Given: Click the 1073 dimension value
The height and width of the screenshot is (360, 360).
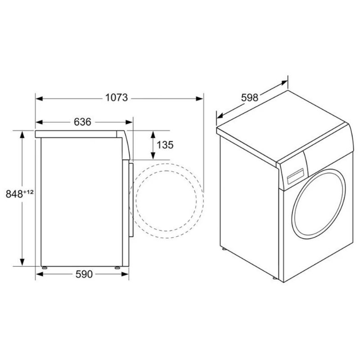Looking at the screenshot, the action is tap(117, 98).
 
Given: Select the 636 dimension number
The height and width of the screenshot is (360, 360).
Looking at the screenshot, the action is tap(82, 122).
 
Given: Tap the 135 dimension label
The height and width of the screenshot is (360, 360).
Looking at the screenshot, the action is tap(165, 145).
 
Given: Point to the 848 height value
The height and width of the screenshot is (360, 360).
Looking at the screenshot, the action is tap(14, 194).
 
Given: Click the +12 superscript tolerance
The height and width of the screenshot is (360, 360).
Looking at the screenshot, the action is tap(28, 192).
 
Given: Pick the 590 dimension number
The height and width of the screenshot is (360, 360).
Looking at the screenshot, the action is tap(84, 274).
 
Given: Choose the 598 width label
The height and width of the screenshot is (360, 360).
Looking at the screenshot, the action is tap(250, 98).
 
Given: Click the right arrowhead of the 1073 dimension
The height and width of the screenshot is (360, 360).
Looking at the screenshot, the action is tap(199, 99).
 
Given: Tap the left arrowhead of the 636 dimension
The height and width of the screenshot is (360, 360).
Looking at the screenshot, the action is tap(39, 122).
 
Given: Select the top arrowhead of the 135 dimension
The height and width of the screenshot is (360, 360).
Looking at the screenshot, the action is tap(153, 134).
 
